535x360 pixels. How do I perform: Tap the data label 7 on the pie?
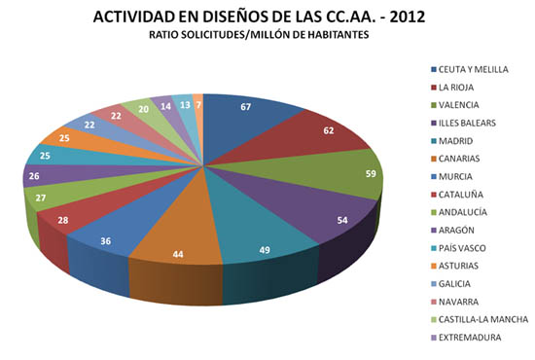(198, 103)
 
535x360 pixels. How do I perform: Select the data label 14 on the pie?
(166, 107)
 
